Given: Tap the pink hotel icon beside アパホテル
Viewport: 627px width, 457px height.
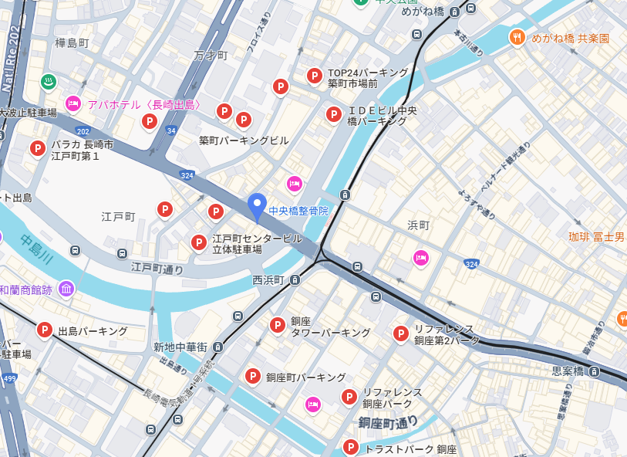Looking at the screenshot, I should click(x=73, y=103).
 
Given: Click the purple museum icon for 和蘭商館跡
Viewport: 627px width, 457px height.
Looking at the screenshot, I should click(x=66, y=289).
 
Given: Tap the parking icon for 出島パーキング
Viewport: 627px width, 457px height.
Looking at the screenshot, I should click(x=45, y=330).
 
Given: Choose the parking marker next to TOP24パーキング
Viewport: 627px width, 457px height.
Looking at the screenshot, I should click(x=314, y=76).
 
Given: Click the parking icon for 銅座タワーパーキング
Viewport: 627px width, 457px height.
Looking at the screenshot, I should click(x=277, y=326).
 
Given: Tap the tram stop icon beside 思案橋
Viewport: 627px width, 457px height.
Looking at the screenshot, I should click(x=595, y=371).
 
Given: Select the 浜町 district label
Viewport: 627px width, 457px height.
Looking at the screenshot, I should click(x=418, y=225).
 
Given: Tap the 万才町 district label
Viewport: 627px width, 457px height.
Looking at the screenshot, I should click(x=211, y=56).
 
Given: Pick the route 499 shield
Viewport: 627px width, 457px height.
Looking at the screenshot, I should click(x=8, y=377).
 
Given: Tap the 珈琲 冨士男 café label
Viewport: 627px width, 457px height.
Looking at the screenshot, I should click(x=596, y=237).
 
